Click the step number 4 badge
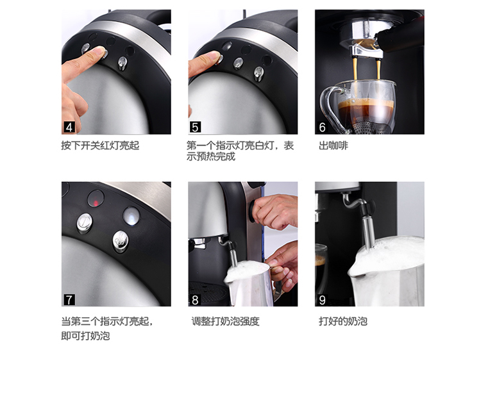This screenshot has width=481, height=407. pyautogui.click(x=69, y=127)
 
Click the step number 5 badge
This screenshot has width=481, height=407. pyautogui.click(x=195, y=127)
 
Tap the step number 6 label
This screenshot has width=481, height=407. pyautogui.click(x=322, y=127)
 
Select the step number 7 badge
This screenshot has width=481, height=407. pyautogui.click(x=69, y=299)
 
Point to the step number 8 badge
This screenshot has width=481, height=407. pyautogui.click(x=195, y=299)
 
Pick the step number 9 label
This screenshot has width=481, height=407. pyautogui.click(x=322, y=299)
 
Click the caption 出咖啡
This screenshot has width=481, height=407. pyautogui.click(x=333, y=145)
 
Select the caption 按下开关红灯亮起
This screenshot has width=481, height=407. pyautogui.click(x=100, y=145)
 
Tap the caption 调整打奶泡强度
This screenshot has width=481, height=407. pyautogui.click(x=226, y=321)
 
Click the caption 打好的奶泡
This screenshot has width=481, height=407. pyautogui.click(x=343, y=321)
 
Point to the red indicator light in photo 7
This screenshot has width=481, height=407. pyautogui.click(x=96, y=203)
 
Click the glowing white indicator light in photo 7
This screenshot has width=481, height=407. pyautogui.click(x=131, y=215)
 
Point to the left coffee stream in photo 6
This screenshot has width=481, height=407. pyautogui.click(x=355, y=69)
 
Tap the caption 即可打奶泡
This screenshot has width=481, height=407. pyautogui.click(x=85, y=336)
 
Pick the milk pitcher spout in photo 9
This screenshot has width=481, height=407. pyautogui.click(x=353, y=272)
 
